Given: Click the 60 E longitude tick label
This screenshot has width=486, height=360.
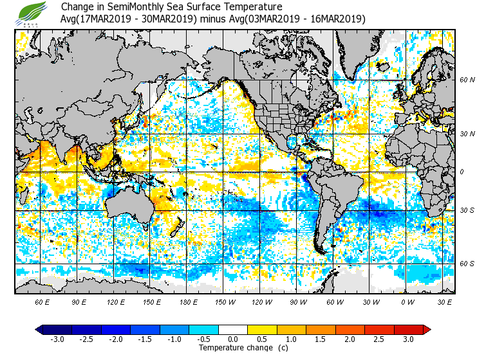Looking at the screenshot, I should point(42,301).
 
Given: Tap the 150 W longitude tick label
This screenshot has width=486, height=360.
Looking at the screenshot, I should point(225,301).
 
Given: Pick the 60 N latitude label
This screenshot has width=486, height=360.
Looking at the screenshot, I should point(467,80).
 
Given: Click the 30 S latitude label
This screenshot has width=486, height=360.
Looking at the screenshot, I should point(467,210).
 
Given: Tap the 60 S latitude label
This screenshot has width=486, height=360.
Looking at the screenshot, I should point(467,264).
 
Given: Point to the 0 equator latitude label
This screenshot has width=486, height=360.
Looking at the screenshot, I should point(461,172).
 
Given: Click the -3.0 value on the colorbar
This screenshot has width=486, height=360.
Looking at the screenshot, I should point(56,339).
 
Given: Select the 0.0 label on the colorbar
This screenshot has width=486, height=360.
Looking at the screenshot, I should point(232,339).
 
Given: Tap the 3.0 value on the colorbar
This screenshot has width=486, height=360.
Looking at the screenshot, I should point(409,339).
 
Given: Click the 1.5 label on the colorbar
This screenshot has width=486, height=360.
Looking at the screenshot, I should point(321,339).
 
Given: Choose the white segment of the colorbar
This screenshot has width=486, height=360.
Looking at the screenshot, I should point(232,330).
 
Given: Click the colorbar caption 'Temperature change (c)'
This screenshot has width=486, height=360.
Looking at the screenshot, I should point(234,348).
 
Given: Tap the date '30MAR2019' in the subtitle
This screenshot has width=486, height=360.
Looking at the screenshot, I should point(172,19).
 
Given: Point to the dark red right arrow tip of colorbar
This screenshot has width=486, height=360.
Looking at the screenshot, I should point(427,330).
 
